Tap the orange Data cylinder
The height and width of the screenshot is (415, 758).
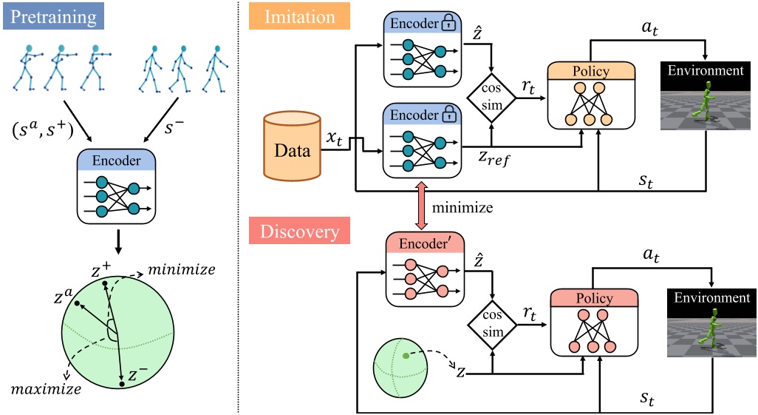coord(293,146)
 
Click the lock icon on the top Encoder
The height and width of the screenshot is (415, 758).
coord(447,24)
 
